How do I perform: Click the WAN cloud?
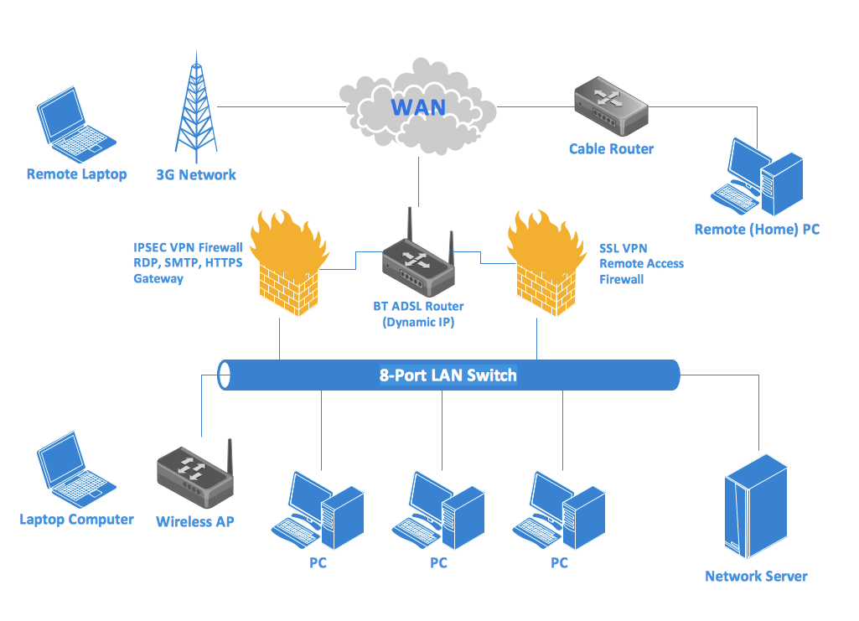pos(417,107)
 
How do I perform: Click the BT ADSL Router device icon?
pos(417,256)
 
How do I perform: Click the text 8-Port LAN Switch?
pos(448,375)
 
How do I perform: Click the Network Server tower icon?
pos(757,506)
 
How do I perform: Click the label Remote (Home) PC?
pos(757,229)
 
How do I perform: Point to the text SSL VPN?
pos(623,248)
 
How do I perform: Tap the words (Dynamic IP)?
pos(418,322)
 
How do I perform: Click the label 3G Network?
pos(196,175)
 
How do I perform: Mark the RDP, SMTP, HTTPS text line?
pos(188,263)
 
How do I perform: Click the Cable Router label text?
pos(611,149)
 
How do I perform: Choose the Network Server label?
pos(756,577)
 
